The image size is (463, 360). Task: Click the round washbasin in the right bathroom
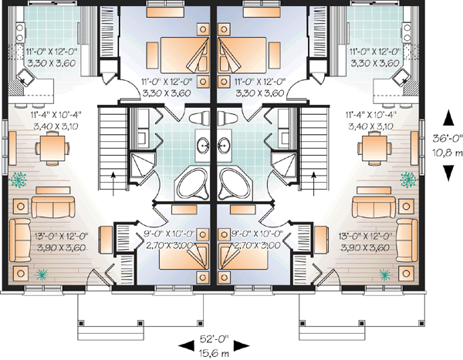tap(225, 143)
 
